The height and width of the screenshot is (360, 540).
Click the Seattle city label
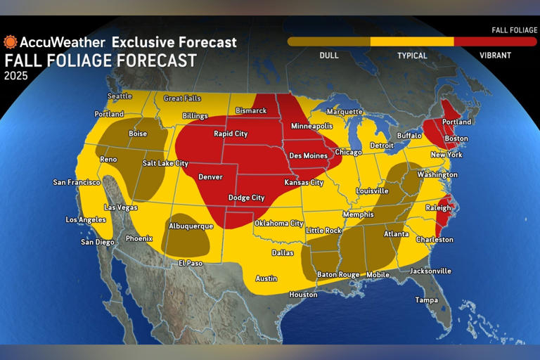tap(120, 96)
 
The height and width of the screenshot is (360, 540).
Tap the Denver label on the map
tap(210, 176)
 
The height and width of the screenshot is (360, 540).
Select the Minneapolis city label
tap(311, 126)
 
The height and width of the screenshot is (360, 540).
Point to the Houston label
tap(303, 295)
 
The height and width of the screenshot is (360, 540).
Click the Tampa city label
tap(426, 300)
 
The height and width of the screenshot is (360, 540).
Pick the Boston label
tap(456, 139)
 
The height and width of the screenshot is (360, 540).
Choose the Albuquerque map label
tap(191, 226)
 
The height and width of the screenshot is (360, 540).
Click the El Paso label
tap(190, 264)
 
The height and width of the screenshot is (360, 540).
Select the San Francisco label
tap(77, 183)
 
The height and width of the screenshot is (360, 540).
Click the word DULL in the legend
tap(328, 55)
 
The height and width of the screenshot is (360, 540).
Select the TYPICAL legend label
tap(412, 55)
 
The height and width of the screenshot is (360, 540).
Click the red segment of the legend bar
tap(494, 41)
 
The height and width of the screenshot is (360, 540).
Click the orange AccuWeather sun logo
tap(11, 42)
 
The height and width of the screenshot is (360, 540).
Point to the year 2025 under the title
tap(16, 76)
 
